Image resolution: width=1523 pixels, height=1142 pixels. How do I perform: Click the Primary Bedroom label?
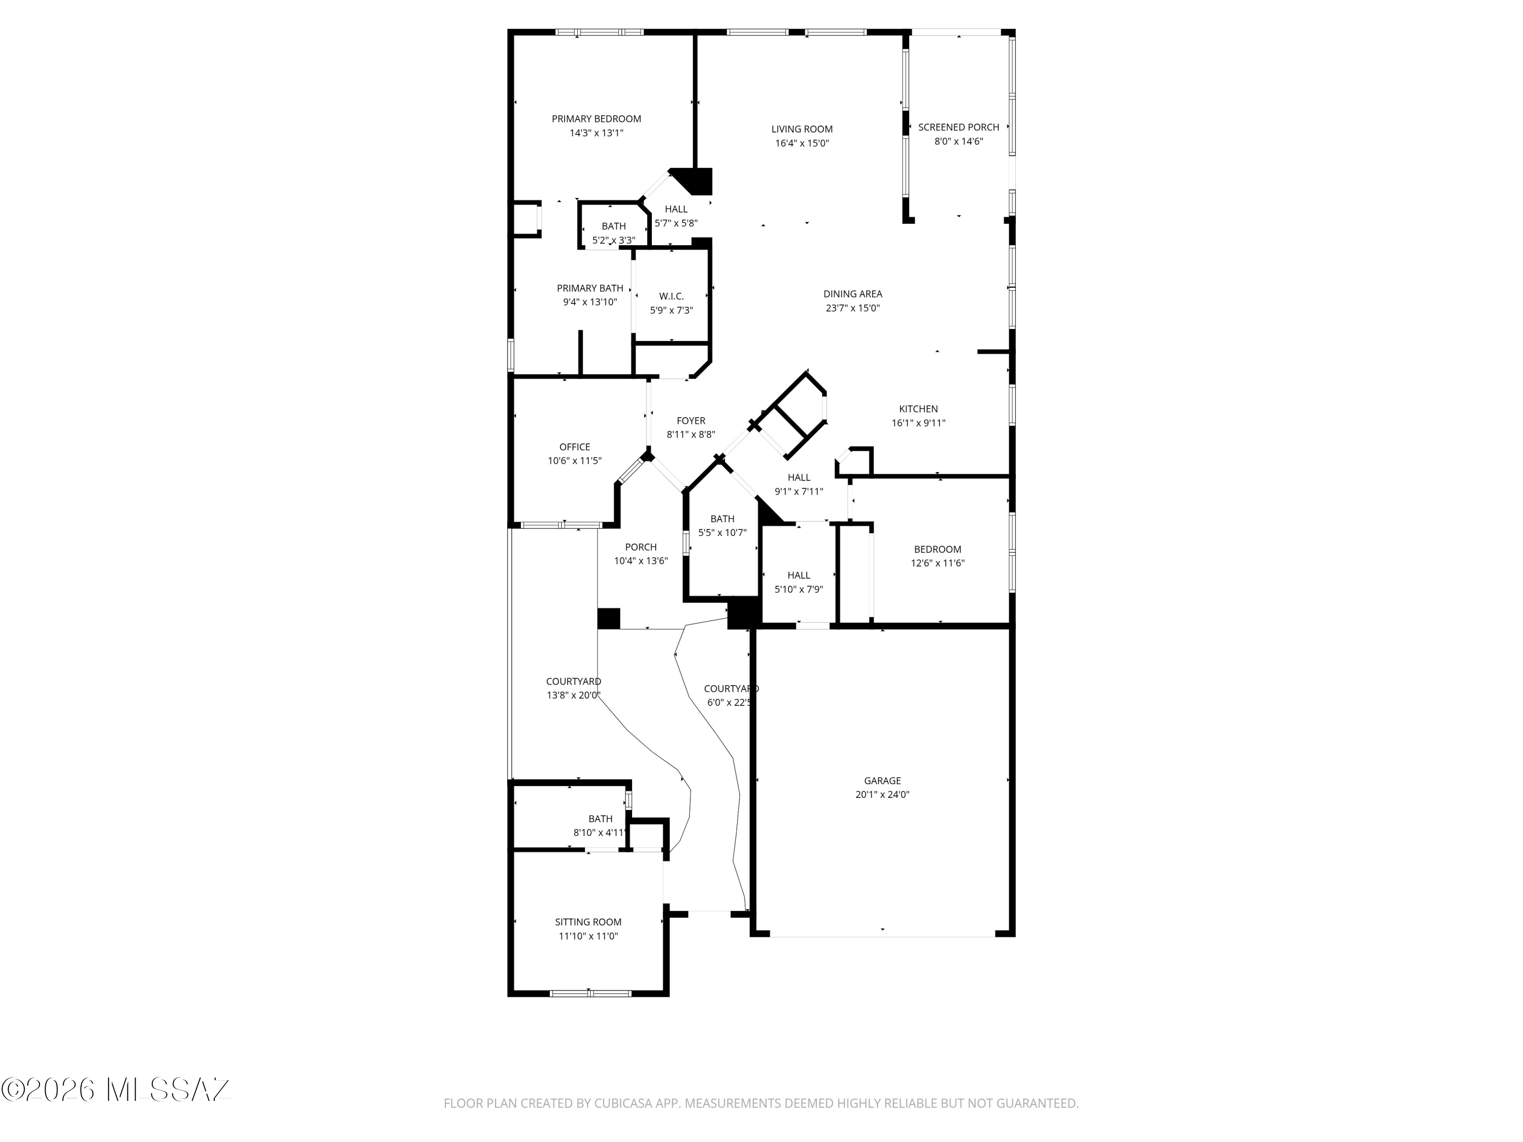click(597, 119)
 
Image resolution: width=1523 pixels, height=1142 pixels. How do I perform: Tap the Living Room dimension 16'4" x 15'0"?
click(802, 143)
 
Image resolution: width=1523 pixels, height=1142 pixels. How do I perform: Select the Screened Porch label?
click(958, 127)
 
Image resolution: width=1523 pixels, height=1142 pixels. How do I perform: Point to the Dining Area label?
click(852, 294)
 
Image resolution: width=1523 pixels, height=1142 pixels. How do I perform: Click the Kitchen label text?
click(918, 409)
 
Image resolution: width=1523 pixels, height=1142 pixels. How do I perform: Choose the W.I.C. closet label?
click(671, 297)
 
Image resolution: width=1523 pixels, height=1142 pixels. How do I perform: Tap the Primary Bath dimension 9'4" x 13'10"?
click(590, 301)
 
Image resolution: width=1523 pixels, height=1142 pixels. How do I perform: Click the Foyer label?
click(690, 421)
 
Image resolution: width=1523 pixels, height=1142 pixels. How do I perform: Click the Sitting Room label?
click(588, 922)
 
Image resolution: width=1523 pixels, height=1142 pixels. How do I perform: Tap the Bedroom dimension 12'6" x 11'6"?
click(938, 563)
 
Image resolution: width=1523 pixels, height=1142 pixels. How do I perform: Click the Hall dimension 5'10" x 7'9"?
click(799, 589)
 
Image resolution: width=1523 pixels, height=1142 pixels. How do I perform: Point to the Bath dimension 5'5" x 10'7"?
click(722, 533)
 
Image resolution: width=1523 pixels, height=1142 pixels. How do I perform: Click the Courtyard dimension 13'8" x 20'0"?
click(574, 695)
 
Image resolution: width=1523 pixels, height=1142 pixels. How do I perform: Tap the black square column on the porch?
click(609, 618)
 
